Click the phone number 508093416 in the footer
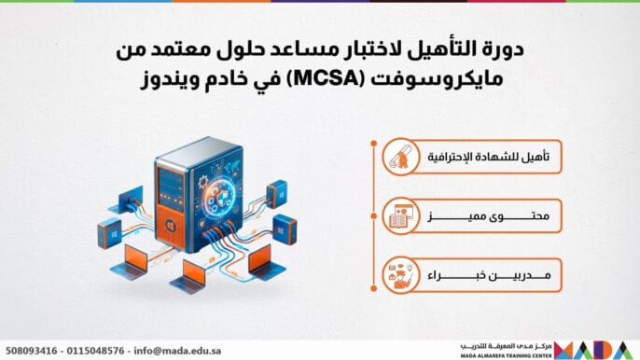pos(32,351)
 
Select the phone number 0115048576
pos(97,351)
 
